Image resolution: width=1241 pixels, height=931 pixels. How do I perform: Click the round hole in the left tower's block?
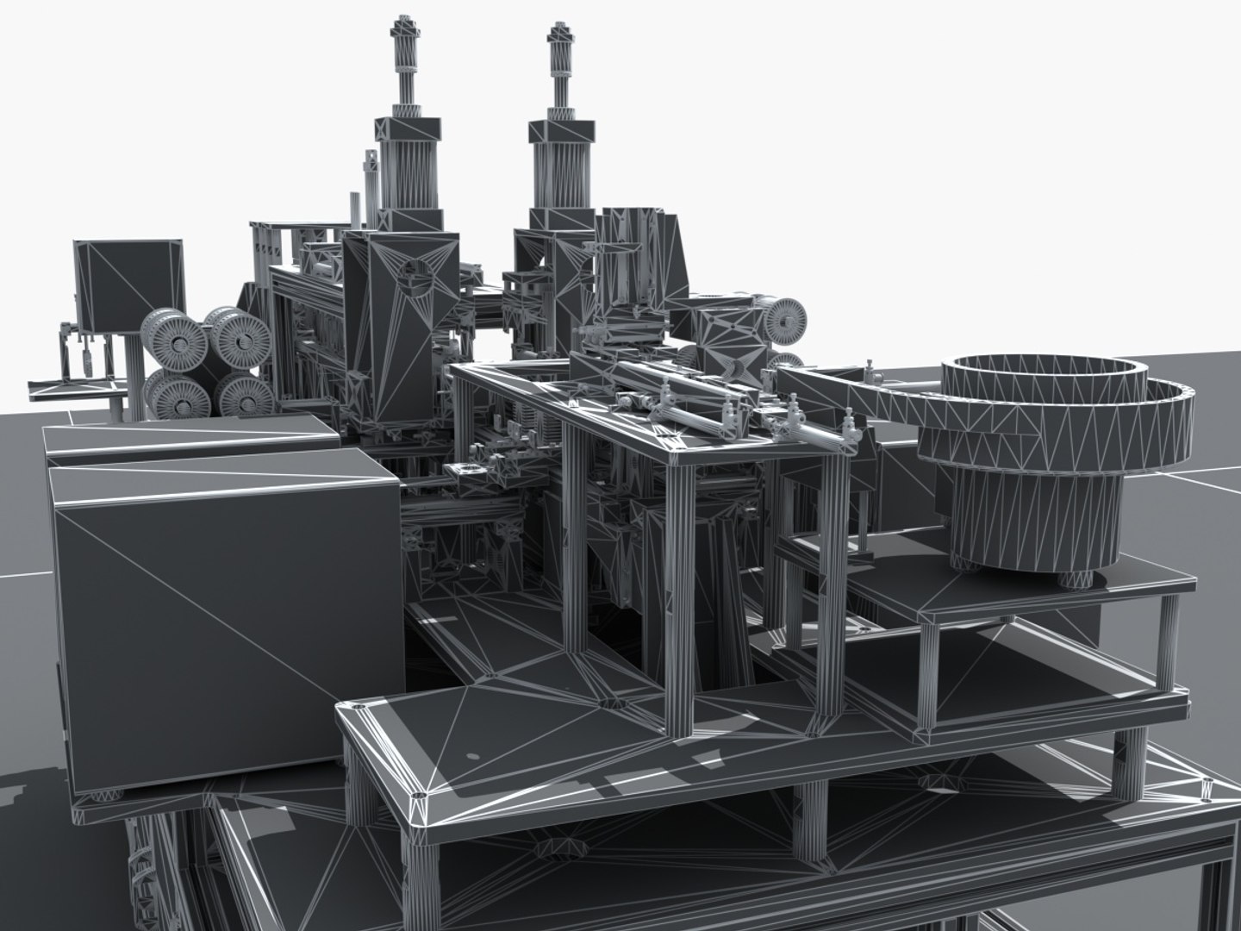coord(419,278)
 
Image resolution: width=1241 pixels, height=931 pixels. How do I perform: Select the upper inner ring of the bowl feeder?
coord(1043,379)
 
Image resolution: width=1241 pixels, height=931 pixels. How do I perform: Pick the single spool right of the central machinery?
coord(784,319)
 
